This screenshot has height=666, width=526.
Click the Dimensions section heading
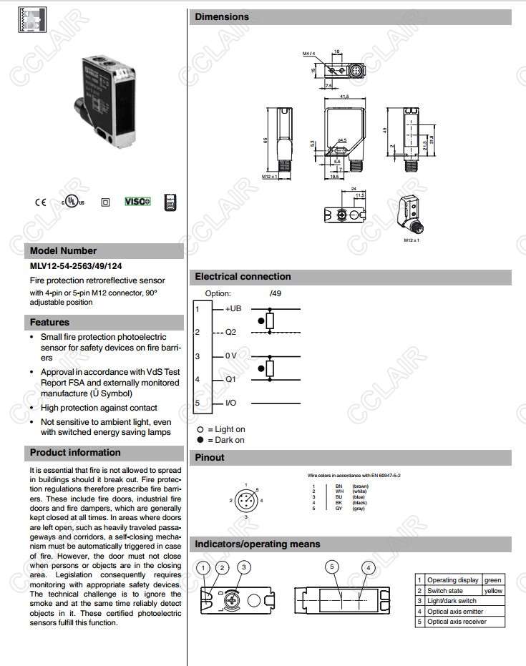click(222, 16)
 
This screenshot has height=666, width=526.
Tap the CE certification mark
click(39, 202)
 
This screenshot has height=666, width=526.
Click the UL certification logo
click(72, 201)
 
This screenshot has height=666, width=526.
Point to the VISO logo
click(137, 202)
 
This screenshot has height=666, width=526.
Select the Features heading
click(49, 322)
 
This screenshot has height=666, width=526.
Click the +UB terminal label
click(234, 308)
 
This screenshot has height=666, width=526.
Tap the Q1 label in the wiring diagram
click(230, 379)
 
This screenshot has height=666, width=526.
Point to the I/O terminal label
click(231, 403)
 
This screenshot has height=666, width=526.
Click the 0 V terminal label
click(231, 356)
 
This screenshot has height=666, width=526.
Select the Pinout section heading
click(210, 457)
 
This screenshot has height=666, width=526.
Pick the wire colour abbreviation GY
click(339, 509)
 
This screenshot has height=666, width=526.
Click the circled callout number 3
click(245, 567)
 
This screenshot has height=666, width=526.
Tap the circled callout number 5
click(332, 567)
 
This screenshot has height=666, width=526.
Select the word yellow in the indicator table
click(493, 590)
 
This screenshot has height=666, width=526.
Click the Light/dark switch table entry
click(452, 601)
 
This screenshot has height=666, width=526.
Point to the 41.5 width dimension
click(344, 97)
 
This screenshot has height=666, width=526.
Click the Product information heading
click(75, 452)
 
